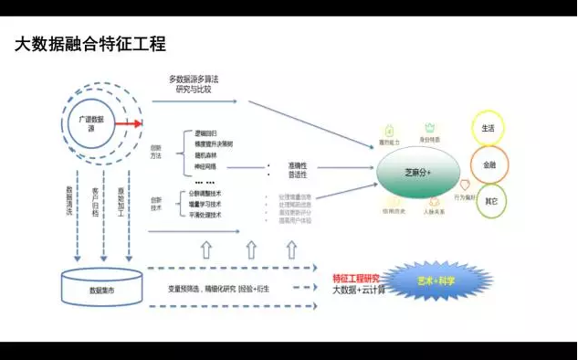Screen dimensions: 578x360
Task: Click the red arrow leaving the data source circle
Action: (x=127, y=123)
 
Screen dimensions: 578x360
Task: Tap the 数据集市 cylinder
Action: (x=101, y=288)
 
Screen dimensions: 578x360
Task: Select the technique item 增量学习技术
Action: (x=205, y=204)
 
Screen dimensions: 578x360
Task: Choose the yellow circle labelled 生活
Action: (x=489, y=129)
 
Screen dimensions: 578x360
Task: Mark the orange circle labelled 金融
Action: (x=489, y=164)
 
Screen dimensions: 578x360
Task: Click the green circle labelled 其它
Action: (x=490, y=200)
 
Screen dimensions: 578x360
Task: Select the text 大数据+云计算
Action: (x=358, y=290)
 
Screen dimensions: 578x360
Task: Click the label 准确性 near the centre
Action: (x=298, y=164)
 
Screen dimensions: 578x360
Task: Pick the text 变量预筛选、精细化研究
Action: (x=202, y=289)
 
